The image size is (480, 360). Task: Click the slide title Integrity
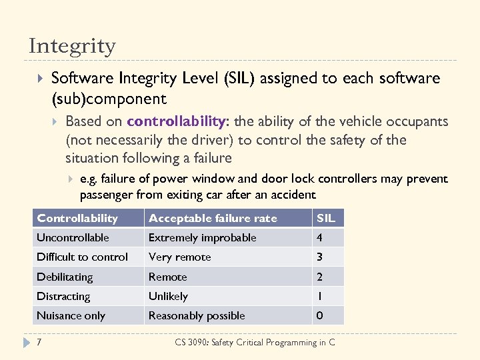click(x=72, y=46)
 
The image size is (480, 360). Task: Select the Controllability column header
click(x=77, y=218)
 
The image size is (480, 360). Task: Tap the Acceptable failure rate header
click(x=213, y=218)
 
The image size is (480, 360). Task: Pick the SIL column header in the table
click(x=326, y=218)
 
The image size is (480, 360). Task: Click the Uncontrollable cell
click(x=73, y=237)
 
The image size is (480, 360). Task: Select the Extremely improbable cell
click(x=202, y=237)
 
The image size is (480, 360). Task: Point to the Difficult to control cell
click(x=82, y=257)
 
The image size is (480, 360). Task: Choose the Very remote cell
click(x=179, y=257)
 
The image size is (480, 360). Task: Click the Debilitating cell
click(x=65, y=277)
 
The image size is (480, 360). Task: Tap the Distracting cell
click(x=63, y=296)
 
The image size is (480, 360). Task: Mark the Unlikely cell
click(x=168, y=296)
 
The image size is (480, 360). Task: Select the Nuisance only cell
click(x=71, y=315)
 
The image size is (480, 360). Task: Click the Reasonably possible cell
click(x=197, y=315)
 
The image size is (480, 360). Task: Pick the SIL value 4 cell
click(x=320, y=237)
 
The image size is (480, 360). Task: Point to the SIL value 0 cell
click(x=320, y=315)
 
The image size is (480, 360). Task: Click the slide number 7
click(x=39, y=342)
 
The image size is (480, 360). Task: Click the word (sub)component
click(x=109, y=99)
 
